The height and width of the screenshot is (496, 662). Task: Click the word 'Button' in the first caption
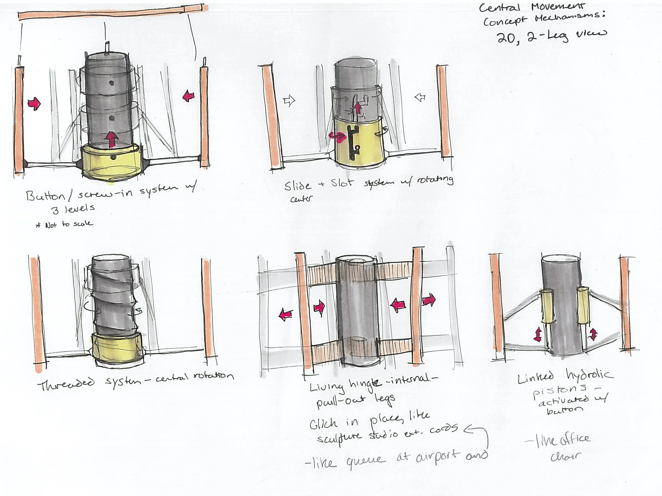click(45, 196)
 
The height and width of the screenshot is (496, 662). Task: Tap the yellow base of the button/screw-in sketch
click(111, 163)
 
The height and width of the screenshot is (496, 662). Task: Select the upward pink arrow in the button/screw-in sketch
click(112, 139)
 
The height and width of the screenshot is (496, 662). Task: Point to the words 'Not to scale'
click(69, 224)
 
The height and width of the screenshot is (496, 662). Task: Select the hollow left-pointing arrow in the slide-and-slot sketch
click(420, 97)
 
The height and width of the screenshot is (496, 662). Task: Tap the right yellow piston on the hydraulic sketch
click(583, 305)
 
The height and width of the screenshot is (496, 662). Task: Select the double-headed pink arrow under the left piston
click(538, 334)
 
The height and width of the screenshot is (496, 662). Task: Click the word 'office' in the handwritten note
click(575, 439)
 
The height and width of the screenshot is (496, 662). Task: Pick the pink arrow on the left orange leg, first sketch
click(34, 103)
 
